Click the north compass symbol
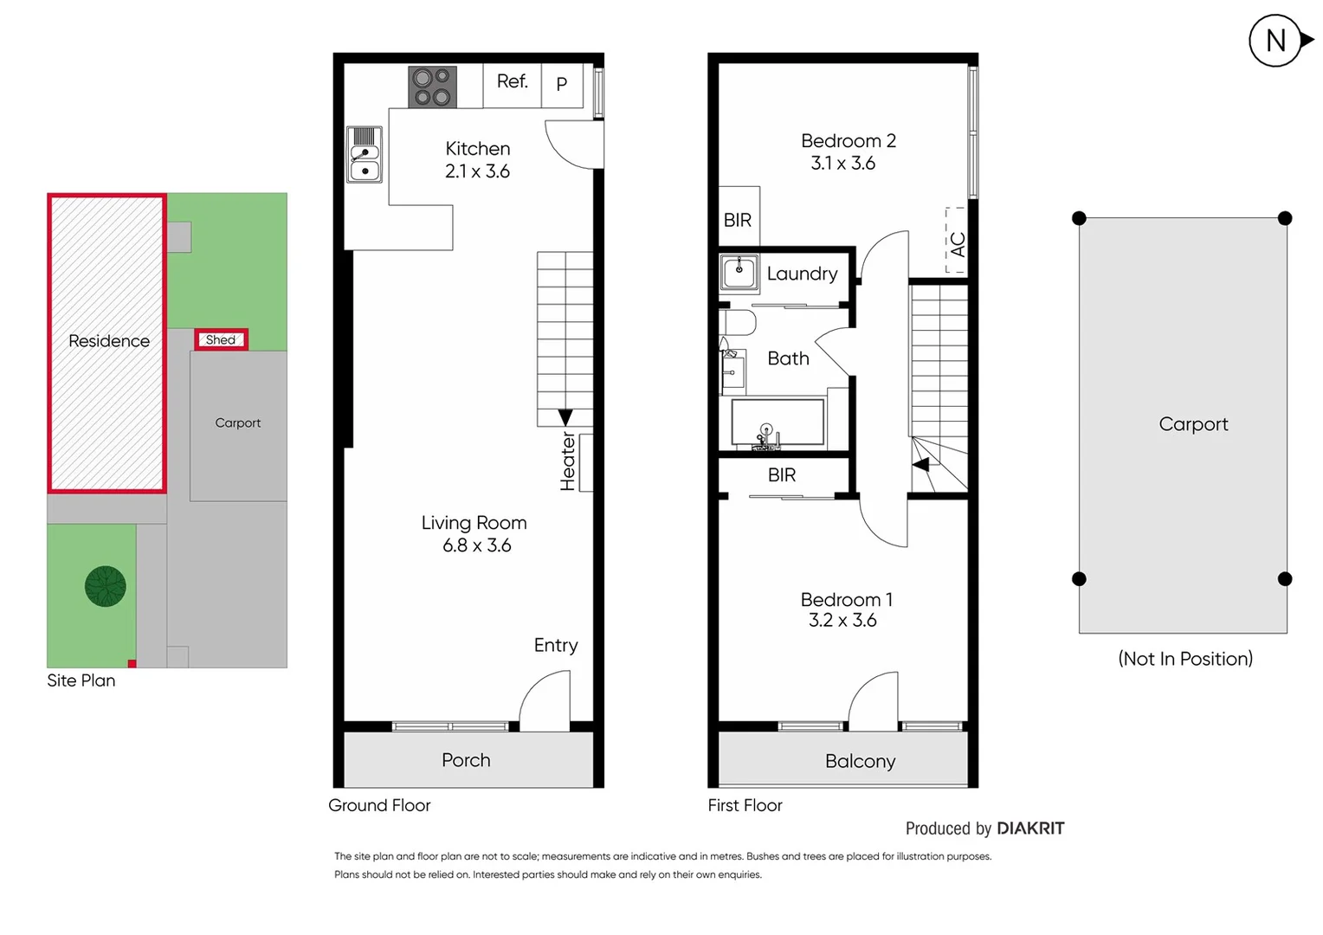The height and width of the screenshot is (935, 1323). [x=1276, y=41]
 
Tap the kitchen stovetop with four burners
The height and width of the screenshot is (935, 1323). [x=432, y=87]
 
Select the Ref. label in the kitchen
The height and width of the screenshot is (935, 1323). [x=512, y=81]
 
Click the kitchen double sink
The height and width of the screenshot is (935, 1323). [x=365, y=155]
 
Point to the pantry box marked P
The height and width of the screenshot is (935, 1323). [x=562, y=85]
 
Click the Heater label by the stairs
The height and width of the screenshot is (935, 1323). [x=568, y=462]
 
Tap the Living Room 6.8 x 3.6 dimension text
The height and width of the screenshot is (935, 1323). [x=476, y=545]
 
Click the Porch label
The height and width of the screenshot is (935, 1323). [x=466, y=760]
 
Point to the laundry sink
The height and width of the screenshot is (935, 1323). [x=739, y=272]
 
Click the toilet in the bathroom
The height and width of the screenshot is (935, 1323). [x=739, y=323]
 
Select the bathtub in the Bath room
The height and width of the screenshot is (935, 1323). [x=777, y=422]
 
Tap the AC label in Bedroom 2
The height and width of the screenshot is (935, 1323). [x=957, y=244]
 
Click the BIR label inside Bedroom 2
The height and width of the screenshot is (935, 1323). [x=738, y=220]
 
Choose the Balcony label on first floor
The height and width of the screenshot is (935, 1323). [x=860, y=761]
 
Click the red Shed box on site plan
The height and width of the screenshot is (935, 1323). [x=221, y=339]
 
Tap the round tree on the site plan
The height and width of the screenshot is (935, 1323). [x=106, y=586]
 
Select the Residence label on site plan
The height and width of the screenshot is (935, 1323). [x=109, y=341]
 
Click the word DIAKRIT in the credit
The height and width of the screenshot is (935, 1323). [x=1030, y=829]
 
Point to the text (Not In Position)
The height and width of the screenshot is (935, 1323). [x=1184, y=659]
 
